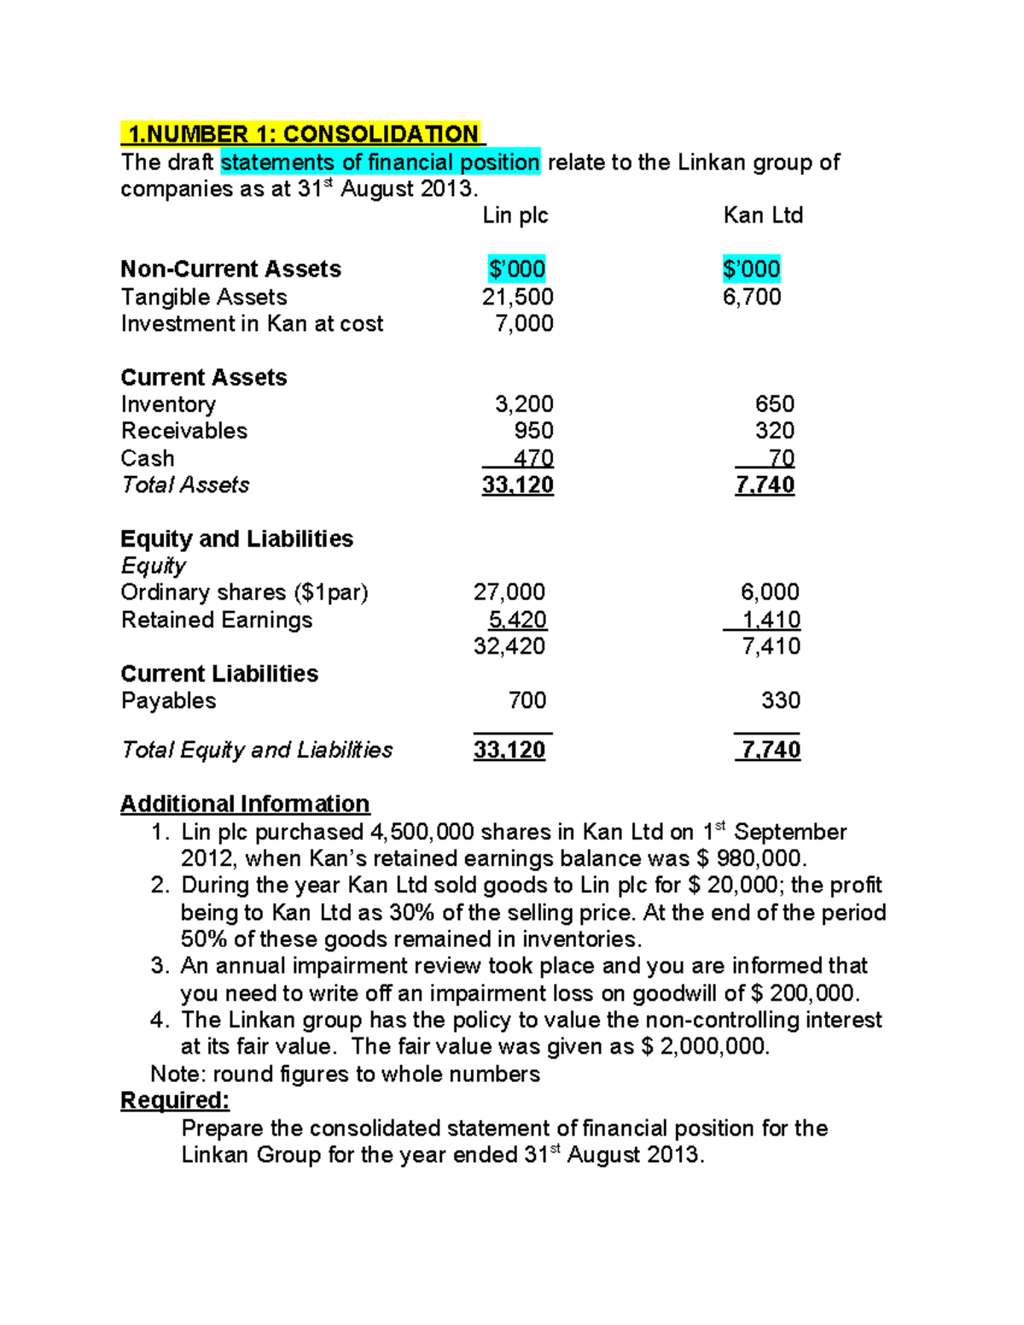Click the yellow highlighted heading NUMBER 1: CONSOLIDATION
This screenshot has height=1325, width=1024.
[302, 134]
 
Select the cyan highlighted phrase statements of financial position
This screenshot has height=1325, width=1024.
[380, 162]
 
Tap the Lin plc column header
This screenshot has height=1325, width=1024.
[515, 215]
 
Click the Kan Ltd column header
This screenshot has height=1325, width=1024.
[763, 215]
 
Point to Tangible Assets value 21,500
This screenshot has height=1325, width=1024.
[517, 297]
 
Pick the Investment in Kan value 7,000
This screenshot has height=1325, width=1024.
[524, 323]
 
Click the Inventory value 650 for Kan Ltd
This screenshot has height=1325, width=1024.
[774, 404]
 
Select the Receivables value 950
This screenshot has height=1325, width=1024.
[533, 431]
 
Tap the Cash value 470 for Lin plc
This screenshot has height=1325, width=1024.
[533, 458]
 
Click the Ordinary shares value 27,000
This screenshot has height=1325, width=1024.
[509, 592]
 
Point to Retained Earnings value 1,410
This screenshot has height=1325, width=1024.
[771, 619]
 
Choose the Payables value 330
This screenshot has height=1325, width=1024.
[780, 700]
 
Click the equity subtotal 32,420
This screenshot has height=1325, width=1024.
[509, 646]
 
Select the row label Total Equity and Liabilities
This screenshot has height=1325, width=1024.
[257, 750]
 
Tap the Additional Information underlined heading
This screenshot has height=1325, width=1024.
[245, 804]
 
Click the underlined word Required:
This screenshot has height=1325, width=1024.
[175, 1101]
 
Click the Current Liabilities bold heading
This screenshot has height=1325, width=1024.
[219, 673]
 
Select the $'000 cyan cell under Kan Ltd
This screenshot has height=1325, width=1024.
[751, 270]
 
